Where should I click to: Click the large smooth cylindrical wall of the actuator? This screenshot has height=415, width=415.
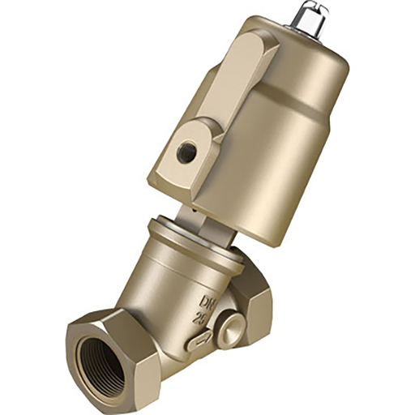point(276,154)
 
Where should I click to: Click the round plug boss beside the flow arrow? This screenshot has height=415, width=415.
point(229,329)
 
